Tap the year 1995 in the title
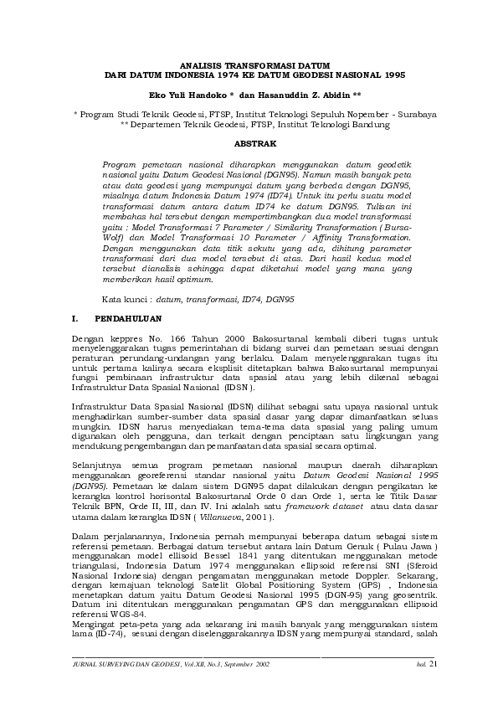coord(393,75)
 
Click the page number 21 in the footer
coord(432,664)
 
